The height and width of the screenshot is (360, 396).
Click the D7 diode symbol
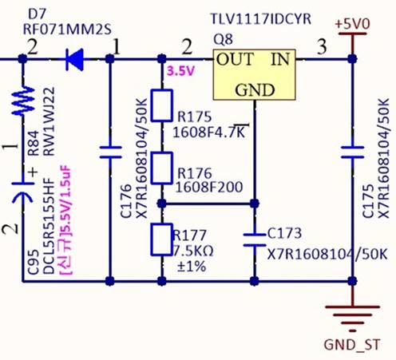pyautogui.click(x=75, y=60)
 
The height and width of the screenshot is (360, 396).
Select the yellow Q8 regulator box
pyautogui.click(x=255, y=75)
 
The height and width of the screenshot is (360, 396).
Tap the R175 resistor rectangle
pyautogui.click(x=161, y=105)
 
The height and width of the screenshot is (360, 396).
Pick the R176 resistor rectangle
pyautogui.click(x=161, y=168)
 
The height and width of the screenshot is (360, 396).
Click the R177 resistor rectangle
pyautogui.click(x=161, y=239)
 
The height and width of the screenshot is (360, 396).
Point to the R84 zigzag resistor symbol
pyautogui.click(x=23, y=101)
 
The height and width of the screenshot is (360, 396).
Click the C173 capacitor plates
pyautogui.click(x=255, y=239)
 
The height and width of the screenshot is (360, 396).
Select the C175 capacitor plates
pyautogui.click(x=352, y=152)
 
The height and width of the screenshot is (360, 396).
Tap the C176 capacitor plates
pyautogui.click(x=110, y=152)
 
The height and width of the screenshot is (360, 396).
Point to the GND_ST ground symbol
pyautogui.click(x=352, y=318)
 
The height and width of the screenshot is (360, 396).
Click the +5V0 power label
pyautogui.click(x=352, y=24)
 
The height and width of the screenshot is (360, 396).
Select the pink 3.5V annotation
pyautogui.click(x=180, y=71)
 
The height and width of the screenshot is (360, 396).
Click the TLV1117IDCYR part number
pyautogui.click(x=260, y=19)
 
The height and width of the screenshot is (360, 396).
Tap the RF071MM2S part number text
pyautogui.click(x=67, y=30)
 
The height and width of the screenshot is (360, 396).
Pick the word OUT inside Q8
pyautogui.click(x=235, y=59)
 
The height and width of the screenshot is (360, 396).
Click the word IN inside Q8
pyautogui.click(x=280, y=59)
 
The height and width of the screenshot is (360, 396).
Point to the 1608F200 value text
pyautogui.click(x=209, y=187)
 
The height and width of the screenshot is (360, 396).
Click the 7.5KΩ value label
pyautogui.click(x=194, y=251)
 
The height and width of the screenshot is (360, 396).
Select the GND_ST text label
pyautogui.click(x=352, y=345)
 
